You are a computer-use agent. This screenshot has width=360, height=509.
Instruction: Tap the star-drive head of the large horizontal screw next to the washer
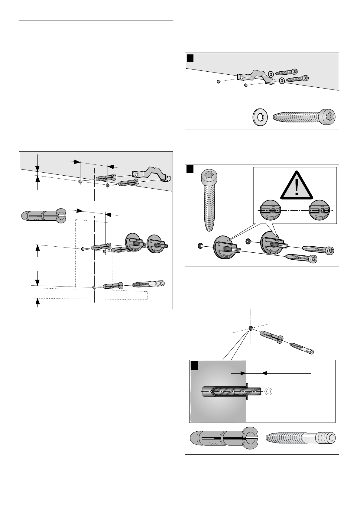[329, 116]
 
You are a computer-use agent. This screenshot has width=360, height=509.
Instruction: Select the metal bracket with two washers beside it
[255, 77]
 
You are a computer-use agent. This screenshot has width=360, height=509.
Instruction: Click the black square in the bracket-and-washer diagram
[190, 58]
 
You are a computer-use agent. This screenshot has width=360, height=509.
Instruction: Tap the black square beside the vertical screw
[190, 169]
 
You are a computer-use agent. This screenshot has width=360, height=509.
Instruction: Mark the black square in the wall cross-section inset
[194, 366]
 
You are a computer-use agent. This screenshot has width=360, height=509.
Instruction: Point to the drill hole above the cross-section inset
[251, 328]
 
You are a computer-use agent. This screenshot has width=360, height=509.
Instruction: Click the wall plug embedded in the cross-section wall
[224, 392]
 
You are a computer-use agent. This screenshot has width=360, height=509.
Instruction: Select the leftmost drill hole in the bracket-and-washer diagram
[218, 82]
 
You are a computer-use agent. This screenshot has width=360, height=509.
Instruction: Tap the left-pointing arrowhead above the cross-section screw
[264, 373]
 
